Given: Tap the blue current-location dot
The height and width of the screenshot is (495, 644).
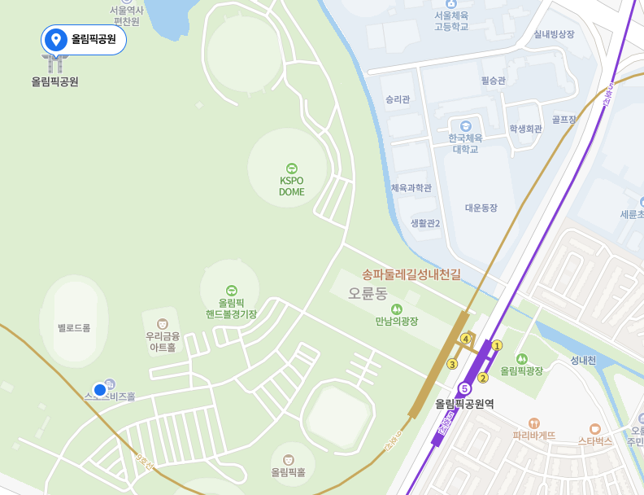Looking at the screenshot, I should [x=100, y=390].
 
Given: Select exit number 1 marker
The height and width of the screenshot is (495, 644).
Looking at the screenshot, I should [x=497, y=345].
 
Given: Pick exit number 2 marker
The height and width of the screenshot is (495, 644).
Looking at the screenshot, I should [x=482, y=377].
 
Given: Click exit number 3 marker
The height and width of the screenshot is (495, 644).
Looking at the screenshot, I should [x=452, y=364].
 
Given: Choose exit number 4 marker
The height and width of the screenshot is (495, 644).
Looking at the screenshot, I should [x=466, y=338].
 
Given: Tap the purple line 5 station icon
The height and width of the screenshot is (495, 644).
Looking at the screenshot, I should [x=464, y=388].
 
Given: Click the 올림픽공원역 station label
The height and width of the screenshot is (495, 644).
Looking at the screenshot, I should [x=464, y=404].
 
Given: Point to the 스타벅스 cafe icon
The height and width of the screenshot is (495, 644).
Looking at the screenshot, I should [x=595, y=428].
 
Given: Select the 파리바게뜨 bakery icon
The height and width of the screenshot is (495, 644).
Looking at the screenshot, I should [x=534, y=423].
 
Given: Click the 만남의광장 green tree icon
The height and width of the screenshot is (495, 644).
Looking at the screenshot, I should [x=397, y=309].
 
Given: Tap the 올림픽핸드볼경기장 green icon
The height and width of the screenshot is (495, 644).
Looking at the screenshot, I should [x=232, y=291].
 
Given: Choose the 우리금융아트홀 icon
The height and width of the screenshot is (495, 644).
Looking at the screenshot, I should [x=163, y=324].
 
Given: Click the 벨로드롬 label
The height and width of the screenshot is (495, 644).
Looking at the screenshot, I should [x=74, y=327].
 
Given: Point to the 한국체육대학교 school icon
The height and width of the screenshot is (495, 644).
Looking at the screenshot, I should [x=465, y=126].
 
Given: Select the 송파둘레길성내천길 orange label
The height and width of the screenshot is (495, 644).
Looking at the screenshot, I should [x=411, y=274].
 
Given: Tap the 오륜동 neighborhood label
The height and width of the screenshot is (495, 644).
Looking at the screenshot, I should [x=368, y=292].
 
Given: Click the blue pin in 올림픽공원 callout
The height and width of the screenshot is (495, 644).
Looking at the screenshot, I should [x=56, y=39].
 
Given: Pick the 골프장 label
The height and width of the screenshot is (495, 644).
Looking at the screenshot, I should [x=563, y=120].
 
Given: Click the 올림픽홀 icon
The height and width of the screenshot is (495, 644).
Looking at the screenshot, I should [x=288, y=460].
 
